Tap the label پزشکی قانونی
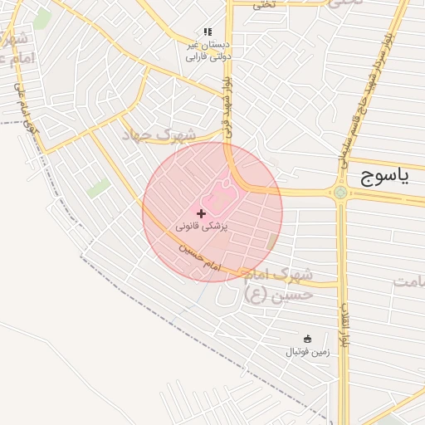tap(202, 226)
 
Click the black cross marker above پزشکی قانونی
tap(201, 213)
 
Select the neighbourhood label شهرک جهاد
tap(160, 134)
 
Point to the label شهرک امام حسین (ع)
tap(280, 283)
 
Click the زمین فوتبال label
tap(308, 352)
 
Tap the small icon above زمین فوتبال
tap(308, 339)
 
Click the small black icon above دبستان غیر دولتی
tap(208, 32)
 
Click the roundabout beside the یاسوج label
tap(340, 193)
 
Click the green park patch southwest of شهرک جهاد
tap(100, 188)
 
